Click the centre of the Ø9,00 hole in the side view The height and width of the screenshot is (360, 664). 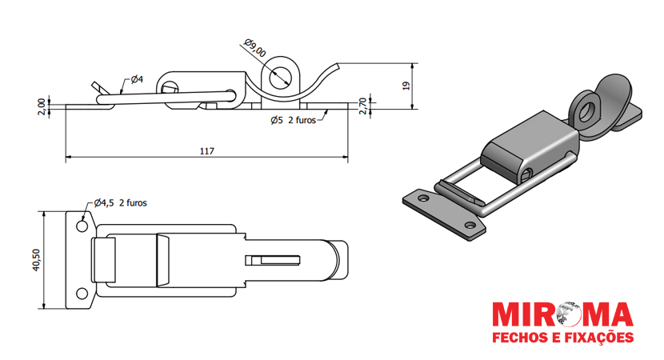point(279,78)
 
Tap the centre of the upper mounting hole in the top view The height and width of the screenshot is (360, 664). point(82,226)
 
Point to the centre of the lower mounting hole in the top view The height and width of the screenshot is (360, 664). point(82,293)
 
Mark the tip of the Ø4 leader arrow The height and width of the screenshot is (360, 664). point(121,93)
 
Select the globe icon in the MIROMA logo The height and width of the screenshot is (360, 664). point(566,314)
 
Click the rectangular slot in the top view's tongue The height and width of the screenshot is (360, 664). point(273,260)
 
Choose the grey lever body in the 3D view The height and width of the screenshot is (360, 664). point(530,146)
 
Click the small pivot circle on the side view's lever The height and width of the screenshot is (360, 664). point(169,87)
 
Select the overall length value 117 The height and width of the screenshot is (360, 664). point(207,151)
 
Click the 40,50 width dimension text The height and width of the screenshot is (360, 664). point(36,260)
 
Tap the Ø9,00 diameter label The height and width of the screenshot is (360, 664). point(255,47)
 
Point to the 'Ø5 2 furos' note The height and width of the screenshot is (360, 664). point(293,120)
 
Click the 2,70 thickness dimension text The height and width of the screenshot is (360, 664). point(363,106)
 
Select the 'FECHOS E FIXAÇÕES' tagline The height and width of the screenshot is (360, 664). point(562,337)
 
